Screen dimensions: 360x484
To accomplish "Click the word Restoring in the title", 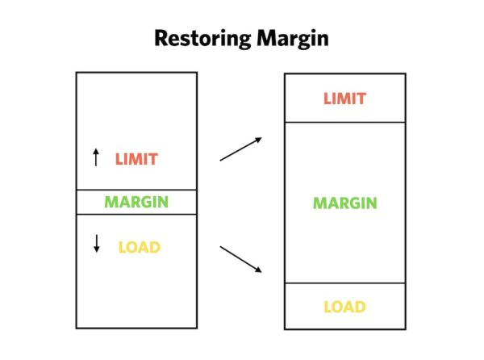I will [x=199, y=38].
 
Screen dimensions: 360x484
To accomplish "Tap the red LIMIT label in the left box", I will [x=136, y=159].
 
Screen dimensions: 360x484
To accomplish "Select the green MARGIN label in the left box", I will [x=136, y=202].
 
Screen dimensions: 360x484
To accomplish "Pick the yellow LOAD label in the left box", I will [x=140, y=247].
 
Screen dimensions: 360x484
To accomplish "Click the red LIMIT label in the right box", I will [x=344, y=99].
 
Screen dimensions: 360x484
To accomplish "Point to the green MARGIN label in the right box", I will [x=344, y=203].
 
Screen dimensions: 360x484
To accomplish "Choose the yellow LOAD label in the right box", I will [x=344, y=307].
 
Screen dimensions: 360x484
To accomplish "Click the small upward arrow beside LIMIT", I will [x=97, y=157].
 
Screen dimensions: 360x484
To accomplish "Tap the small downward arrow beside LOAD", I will [x=97, y=244].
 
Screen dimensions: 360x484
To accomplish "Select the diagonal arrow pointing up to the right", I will [x=240, y=149].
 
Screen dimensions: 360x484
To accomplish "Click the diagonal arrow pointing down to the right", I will [x=240, y=259].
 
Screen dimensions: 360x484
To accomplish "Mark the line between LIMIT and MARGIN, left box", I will [x=136, y=190].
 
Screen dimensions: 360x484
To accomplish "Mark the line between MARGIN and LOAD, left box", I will [x=136, y=214].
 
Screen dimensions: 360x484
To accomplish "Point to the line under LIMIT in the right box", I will [x=344, y=122].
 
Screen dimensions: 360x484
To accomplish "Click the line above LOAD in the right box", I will [x=344, y=283].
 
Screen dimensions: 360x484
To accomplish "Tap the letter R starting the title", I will [x=161, y=38].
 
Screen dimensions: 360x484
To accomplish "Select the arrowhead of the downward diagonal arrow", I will [x=259, y=270].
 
